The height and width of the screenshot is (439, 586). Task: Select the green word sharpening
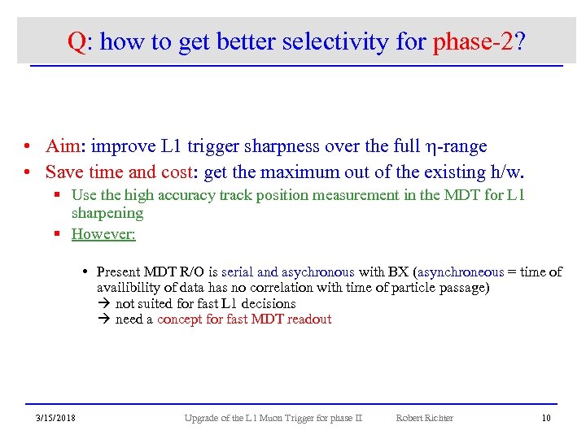pos(107,213)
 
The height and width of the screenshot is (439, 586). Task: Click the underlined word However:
pos(103,234)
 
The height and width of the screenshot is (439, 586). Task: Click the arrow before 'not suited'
pos(103,303)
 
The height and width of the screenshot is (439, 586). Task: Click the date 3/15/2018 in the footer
pos(55,418)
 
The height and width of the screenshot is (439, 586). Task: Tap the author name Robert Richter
pos(424,418)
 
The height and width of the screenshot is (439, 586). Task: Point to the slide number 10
pos(546,418)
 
